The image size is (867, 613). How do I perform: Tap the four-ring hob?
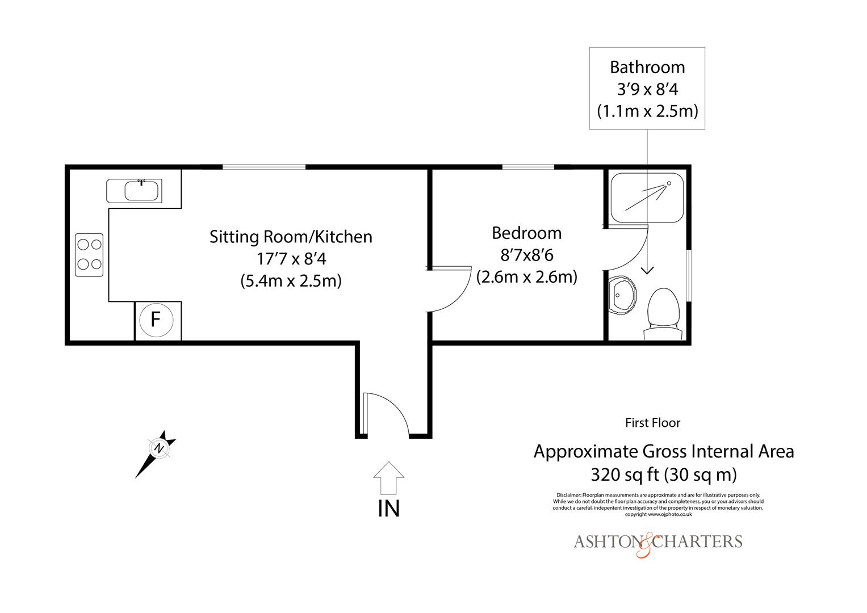click(89, 255)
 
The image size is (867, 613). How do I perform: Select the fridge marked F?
click(155, 320)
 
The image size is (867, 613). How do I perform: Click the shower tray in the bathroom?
click(647, 197)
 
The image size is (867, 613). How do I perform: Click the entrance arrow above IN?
click(388, 478)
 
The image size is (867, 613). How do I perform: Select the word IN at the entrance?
click(388, 509)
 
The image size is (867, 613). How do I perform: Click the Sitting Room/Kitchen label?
click(291, 236)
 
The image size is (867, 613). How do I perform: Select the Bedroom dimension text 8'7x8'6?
click(526, 255)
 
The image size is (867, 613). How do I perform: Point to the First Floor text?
click(652, 422)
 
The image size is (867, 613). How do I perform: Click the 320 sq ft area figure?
click(664, 473)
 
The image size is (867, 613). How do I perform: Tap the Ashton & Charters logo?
click(657, 542)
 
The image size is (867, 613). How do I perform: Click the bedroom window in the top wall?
click(528, 167)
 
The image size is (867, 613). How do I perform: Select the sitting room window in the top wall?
click(263, 167)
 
